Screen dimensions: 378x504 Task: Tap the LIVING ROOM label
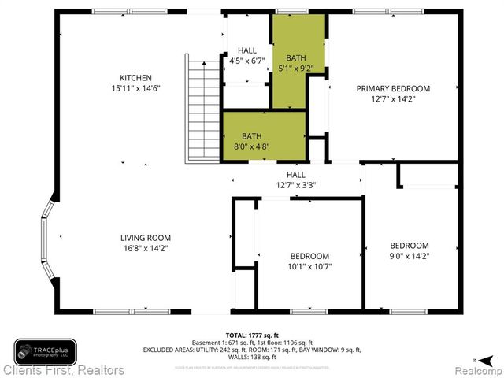[x=145, y=238]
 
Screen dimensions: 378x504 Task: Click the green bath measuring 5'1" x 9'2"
[x=296, y=63]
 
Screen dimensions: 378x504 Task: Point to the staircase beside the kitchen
[x=201, y=108]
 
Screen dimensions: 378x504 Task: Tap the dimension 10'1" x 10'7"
[x=309, y=266]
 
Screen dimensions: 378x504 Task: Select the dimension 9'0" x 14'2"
[x=409, y=255]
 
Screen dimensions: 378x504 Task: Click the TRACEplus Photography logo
[x=45, y=350]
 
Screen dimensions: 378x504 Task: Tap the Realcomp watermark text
[x=476, y=370]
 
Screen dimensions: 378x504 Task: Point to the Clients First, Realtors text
[x=63, y=369]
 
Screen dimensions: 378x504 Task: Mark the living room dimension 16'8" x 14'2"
[x=145, y=248]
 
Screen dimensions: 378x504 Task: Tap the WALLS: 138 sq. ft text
[x=252, y=357]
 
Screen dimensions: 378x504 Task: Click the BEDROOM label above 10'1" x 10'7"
[x=309, y=256]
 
